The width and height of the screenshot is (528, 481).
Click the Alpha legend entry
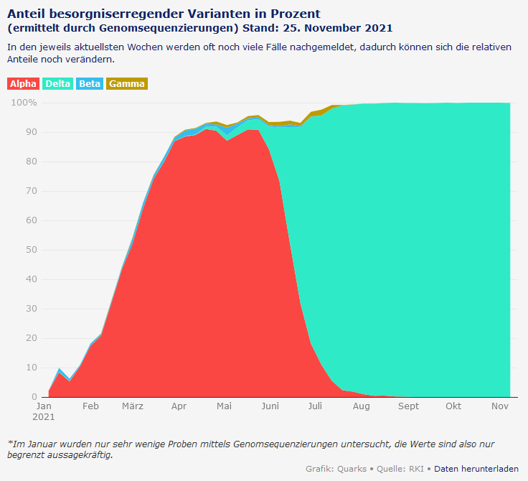pos(23,84)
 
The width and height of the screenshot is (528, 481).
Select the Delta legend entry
pos(58,84)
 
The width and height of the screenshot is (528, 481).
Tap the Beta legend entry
pos(90,84)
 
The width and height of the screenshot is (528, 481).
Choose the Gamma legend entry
pos(127,84)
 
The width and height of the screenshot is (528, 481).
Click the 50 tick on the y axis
pos(32,250)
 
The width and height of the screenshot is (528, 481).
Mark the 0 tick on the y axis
pos(34,397)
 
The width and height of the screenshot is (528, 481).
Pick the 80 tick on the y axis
pos(32,162)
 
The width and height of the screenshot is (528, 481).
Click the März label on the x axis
pos(132,406)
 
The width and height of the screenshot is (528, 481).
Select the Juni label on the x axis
pos(270,406)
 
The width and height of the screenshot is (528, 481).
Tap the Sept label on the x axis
pos(408,406)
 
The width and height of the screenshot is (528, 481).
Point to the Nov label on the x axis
pos(499,406)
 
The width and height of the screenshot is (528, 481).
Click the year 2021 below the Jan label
pos(44,416)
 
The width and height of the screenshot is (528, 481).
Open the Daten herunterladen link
pos(476,469)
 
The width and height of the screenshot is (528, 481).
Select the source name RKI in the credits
pos(415,469)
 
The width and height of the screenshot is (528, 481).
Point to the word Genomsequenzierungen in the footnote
pos(258,444)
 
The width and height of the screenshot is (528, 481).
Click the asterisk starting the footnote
pos(9,443)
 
